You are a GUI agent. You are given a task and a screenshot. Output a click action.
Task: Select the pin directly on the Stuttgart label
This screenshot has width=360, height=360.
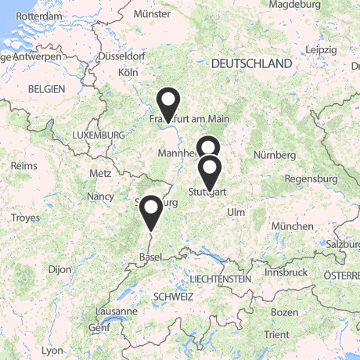tap(209, 171)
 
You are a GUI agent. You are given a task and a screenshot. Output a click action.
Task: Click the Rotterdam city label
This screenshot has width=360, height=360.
tap(38, 16)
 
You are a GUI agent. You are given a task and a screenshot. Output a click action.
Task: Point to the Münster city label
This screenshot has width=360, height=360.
tap(152, 13)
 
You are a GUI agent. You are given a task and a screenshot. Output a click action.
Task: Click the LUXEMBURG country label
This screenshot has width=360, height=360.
tap(98, 135)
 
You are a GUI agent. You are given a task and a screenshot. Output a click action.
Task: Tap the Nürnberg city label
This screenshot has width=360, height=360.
tap(275, 155)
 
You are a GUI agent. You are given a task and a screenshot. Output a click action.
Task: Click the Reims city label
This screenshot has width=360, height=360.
tap(24, 166)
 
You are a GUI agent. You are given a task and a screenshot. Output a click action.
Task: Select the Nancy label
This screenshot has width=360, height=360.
tap(102, 196)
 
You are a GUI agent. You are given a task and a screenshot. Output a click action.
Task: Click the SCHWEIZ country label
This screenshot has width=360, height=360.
tap(174, 297)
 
